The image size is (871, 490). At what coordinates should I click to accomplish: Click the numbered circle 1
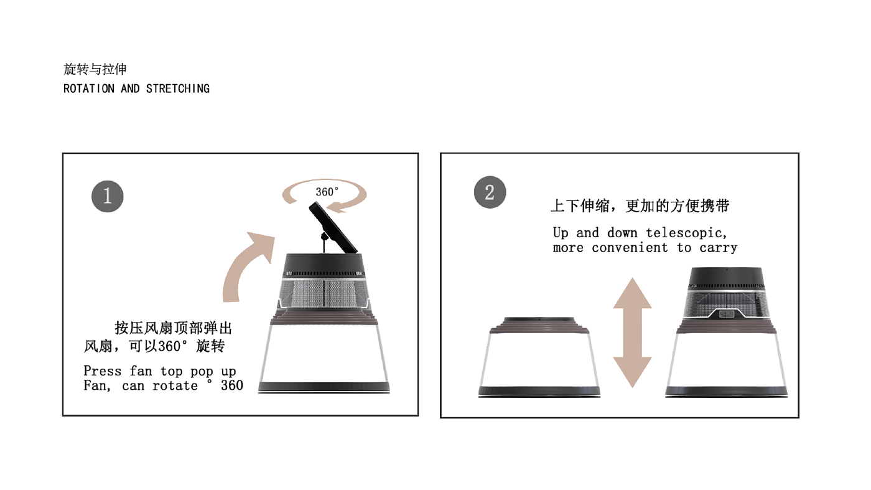(107, 196)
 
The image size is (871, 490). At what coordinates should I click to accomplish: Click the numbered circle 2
(490, 192)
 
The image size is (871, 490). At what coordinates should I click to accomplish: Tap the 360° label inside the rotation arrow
(327, 192)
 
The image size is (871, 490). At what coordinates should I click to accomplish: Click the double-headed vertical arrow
(633, 332)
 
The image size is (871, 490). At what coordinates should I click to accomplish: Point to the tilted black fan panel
(333, 228)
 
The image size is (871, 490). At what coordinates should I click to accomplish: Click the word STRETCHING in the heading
(178, 89)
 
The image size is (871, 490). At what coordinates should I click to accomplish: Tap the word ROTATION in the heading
(89, 89)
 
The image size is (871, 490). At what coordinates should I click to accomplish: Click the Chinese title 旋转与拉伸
(95, 69)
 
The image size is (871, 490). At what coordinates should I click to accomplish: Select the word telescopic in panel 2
(686, 233)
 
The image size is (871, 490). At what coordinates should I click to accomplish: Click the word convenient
(630, 248)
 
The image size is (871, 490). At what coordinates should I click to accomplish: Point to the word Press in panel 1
(102, 371)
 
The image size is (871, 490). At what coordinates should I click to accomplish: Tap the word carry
(718, 248)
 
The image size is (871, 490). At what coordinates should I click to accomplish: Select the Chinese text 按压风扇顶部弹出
(174, 328)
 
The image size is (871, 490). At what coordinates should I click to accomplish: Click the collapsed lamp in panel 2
(539, 357)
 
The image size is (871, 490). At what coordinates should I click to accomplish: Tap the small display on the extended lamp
(726, 314)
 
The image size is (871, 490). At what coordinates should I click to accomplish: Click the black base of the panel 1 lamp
(324, 387)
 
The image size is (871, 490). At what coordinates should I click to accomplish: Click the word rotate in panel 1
(175, 385)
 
